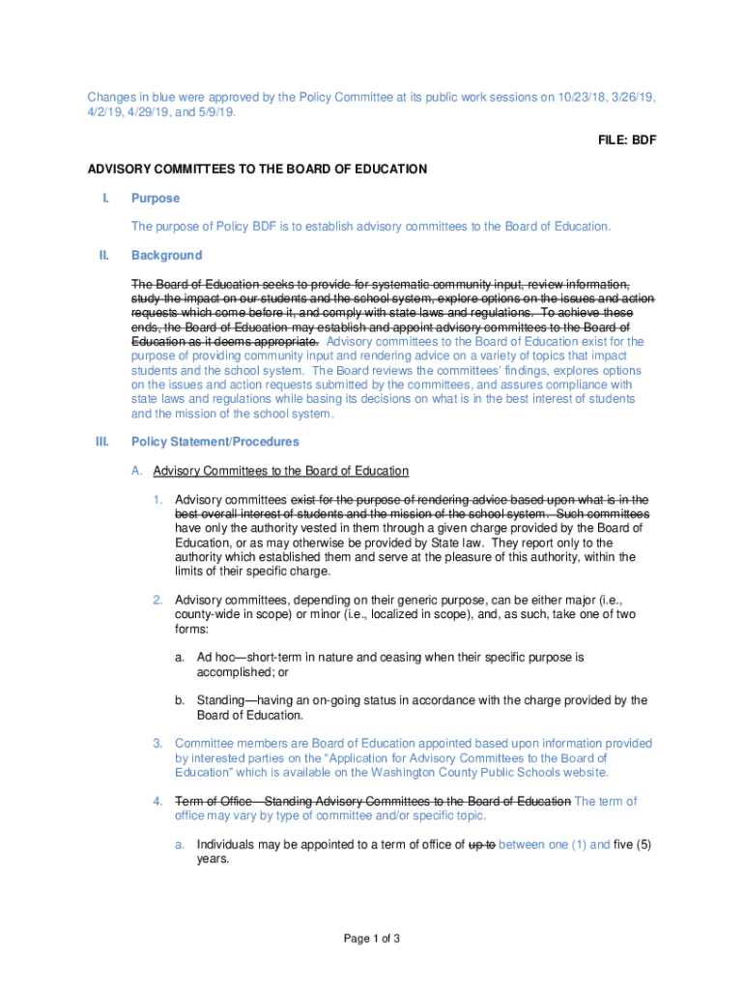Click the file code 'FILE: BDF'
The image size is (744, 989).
tap(625, 140)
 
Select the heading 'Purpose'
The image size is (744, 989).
tap(156, 198)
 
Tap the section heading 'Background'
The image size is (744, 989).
tap(166, 255)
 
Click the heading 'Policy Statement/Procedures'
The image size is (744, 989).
tap(215, 441)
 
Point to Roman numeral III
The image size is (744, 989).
tap(101, 441)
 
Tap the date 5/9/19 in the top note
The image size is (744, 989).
tap(216, 112)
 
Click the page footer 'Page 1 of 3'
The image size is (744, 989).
tap(372, 938)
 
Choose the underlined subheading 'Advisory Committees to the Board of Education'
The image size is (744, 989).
tap(281, 470)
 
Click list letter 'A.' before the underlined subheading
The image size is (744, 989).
tap(137, 470)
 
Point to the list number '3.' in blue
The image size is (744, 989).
tap(157, 744)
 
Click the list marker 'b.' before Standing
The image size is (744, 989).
tap(180, 700)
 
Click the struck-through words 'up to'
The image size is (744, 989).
tap(481, 844)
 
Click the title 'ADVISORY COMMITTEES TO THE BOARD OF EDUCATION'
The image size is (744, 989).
tap(257, 169)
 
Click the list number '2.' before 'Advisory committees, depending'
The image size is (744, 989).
tap(157, 600)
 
